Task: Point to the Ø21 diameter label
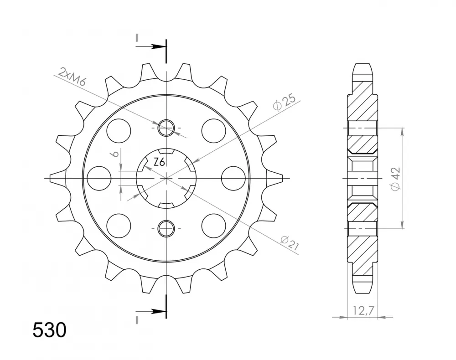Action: click(290, 242)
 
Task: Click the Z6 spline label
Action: click(159, 162)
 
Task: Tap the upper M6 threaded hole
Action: click(166, 128)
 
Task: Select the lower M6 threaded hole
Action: click(166, 227)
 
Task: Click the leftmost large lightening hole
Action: click(99, 178)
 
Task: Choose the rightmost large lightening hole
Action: click(233, 178)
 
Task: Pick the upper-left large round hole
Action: click(119, 130)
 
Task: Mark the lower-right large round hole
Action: click(214, 225)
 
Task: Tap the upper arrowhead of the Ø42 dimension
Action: click(402, 131)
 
